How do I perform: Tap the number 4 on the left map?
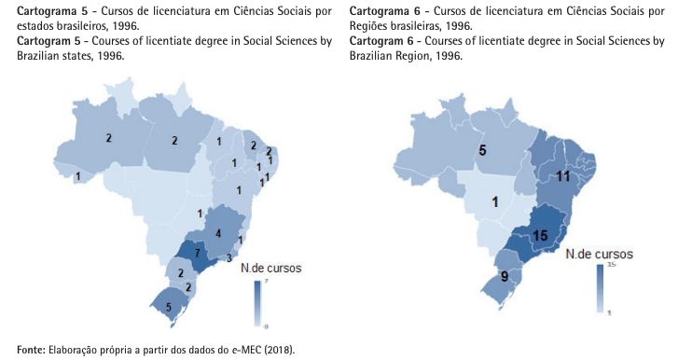pos(218,232)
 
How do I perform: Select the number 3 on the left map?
pos(229,258)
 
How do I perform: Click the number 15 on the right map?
pos(539,237)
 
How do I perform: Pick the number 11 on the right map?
pos(563,175)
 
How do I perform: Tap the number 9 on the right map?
pos(503,276)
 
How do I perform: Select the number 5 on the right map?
pos(482,150)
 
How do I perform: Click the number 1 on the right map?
pos(496,201)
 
